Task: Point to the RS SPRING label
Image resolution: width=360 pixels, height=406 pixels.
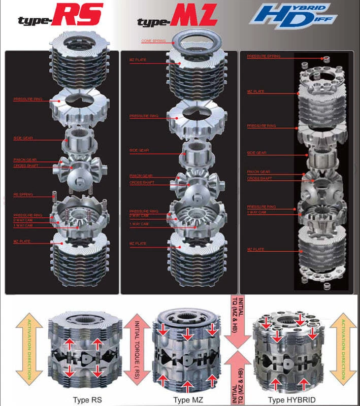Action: point(23,195)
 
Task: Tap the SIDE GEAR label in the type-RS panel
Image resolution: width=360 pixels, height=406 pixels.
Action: point(23,138)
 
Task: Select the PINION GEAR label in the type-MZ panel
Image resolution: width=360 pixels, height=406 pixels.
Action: point(141,176)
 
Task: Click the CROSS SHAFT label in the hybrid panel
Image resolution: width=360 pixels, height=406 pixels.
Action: point(259,179)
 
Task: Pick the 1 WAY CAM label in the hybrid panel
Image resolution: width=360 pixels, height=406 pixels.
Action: point(257,212)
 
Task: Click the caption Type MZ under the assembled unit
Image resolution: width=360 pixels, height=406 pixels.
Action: point(188,399)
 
